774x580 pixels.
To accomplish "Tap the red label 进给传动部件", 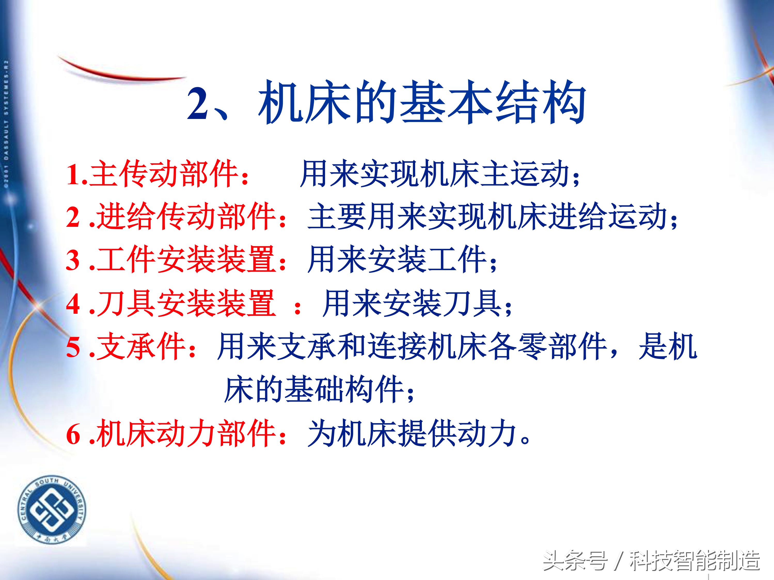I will pyautogui.click(x=185, y=217).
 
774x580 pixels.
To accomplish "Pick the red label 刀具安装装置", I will pyautogui.click(x=185, y=303).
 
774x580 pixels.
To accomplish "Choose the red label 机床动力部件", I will pyautogui.click(x=185, y=433).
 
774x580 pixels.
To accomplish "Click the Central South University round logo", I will pyautogui.click(x=52, y=510).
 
